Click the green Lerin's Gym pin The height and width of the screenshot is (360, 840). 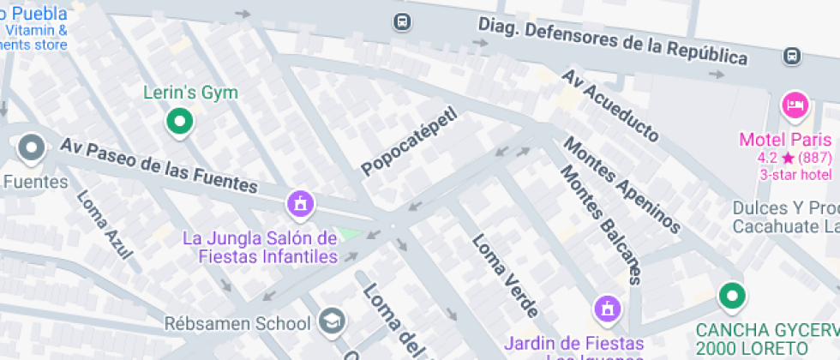[179, 122]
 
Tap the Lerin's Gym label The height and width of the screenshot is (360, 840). [190, 93]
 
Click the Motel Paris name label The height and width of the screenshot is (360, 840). [786, 141]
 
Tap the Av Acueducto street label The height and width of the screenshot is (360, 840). [610, 105]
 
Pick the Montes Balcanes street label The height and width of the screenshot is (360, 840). [600, 223]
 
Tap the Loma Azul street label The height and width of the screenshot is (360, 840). [105, 224]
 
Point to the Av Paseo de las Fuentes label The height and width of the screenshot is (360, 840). [159, 165]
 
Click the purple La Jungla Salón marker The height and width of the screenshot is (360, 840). [301, 204]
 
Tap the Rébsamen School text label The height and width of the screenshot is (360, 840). [237, 323]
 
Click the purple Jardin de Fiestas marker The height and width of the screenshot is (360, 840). [608, 308]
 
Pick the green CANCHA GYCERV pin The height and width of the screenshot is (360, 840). [731, 297]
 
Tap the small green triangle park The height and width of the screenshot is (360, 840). [349, 232]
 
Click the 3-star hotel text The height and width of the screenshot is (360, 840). [795, 175]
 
